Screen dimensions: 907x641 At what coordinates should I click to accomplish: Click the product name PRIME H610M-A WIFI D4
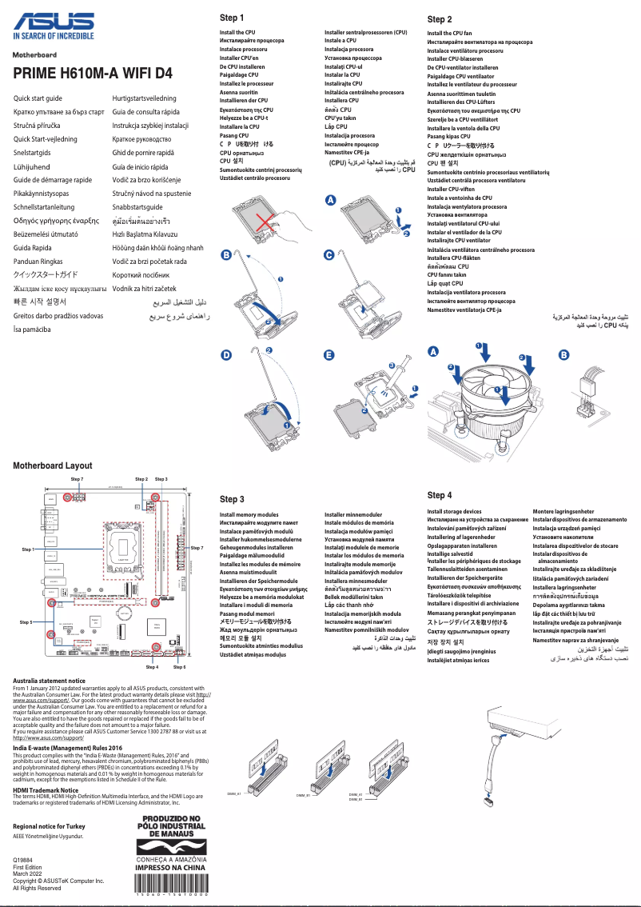click(93, 74)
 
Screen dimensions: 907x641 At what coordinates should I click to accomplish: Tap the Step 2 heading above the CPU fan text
click(440, 19)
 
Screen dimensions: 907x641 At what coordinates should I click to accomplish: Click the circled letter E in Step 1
click(329, 354)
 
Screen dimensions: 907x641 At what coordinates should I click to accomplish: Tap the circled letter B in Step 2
click(563, 354)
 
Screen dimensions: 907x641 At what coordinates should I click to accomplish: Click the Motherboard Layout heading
click(52, 465)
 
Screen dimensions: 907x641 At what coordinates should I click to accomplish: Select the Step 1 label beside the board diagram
click(27, 549)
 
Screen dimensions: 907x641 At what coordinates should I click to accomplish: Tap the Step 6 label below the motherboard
click(179, 666)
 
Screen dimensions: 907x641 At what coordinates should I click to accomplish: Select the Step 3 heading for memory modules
click(232, 499)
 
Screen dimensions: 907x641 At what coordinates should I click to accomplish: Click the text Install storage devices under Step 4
click(454, 511)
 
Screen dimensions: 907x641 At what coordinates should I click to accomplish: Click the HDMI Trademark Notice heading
click(51, 789)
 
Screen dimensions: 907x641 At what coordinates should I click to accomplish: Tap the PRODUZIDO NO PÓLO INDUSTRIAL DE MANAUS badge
click(173, 828)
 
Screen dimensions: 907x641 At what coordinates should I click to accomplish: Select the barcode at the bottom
click(173, 895)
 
